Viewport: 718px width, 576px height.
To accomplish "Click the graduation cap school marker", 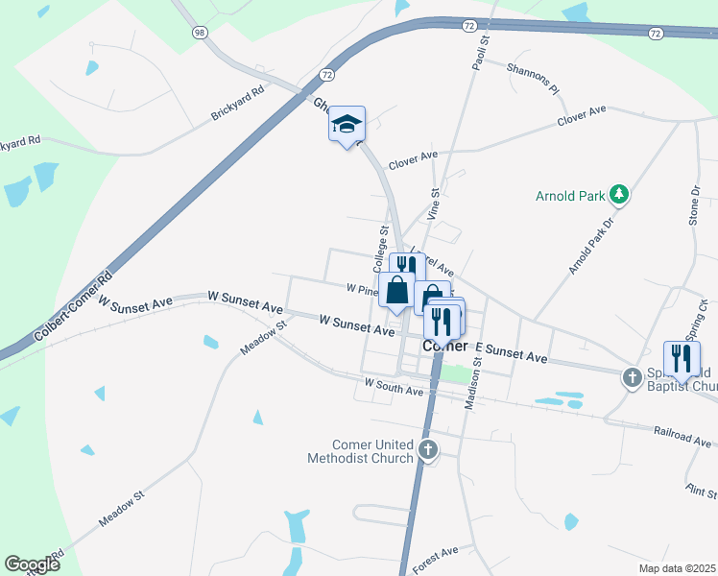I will point(347,125).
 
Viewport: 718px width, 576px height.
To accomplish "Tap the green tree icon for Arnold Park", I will point(620,196).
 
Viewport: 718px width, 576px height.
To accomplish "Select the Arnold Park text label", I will point(570,197).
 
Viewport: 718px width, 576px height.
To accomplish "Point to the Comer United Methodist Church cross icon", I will point(428,448).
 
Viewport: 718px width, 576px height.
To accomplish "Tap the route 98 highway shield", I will point(200,33).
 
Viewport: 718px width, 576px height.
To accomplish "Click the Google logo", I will point(32,564).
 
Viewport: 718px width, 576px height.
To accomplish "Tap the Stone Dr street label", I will point(694,206).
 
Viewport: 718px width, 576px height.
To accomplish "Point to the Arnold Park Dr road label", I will point(589,247).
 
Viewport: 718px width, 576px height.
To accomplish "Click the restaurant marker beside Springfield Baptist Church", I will point(682,359).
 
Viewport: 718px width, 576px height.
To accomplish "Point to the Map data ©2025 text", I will point(676,568).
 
